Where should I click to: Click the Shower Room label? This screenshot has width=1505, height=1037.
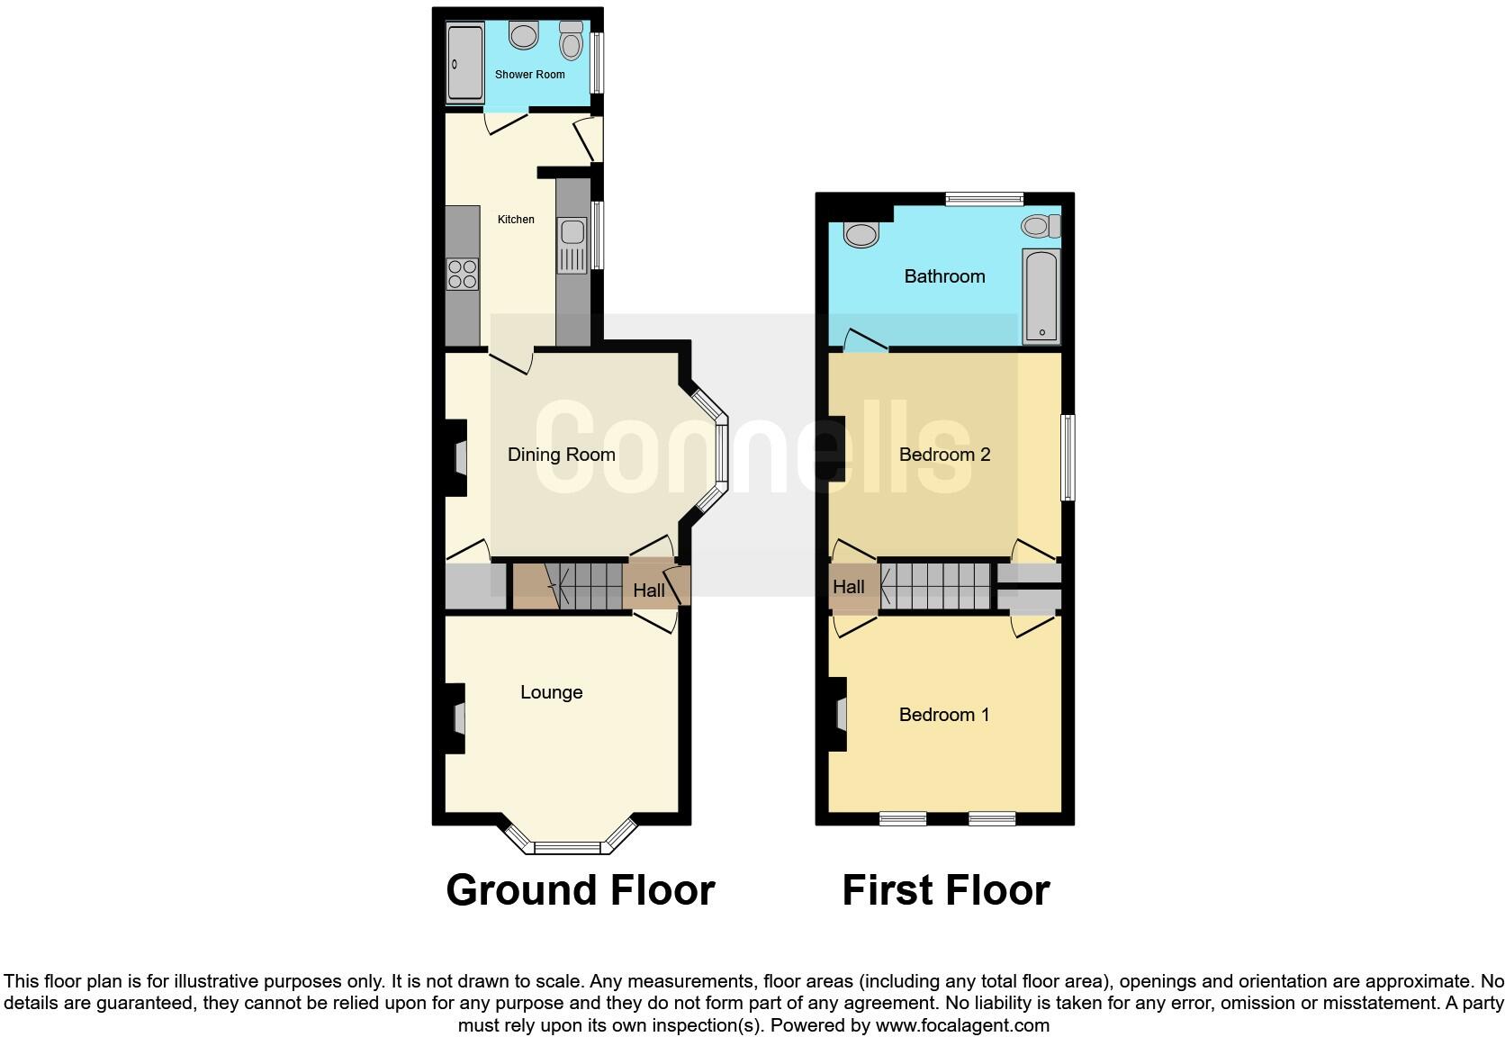pyautogui.click(x=529, y=75)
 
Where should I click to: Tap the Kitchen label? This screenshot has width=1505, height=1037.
pyautogui.click(x=516, y=220)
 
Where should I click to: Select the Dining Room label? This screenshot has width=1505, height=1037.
pyautogui.click(x=561, y=455)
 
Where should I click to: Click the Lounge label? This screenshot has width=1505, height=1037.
pyautogui.click(x=551, y=692)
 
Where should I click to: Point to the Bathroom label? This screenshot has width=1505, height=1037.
pyautogui.click(x=944, y=276)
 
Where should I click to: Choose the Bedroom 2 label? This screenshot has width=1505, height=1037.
pyautogui.click(x=944, y=455)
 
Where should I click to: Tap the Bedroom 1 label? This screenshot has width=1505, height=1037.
pyautogui.click(x=943, y=715)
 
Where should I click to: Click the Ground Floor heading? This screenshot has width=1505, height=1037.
pyautogui.click(x=580, y=890)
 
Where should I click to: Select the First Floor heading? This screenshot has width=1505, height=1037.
pyautogui.click(x=945, y=890)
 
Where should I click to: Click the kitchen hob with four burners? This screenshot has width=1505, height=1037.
pyautogui.click(x=463, y=274)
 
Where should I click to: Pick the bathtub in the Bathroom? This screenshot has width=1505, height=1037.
pyautogui.click(x=1041, y=296)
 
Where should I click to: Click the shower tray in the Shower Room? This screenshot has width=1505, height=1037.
pyautogui.click(x=465, y=62)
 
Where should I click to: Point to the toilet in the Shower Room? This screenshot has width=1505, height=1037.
pyautogui.click(x=571, y=40)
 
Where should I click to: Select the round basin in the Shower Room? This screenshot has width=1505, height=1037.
pyautogui.click(x=523, y=36)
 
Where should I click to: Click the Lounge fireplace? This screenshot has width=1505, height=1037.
pyautogui.click(x=458, y=718)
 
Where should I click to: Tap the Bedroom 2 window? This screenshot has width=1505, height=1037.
pyautogui.click(x=1068, y=456)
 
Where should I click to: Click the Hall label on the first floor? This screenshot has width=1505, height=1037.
pyautogui.click(x=848, y=587)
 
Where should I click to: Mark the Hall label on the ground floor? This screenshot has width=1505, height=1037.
pyautogui.click(x=648, y=591)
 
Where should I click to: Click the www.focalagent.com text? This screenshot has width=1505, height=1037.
pyautogui.click(x=962, y=1025)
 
